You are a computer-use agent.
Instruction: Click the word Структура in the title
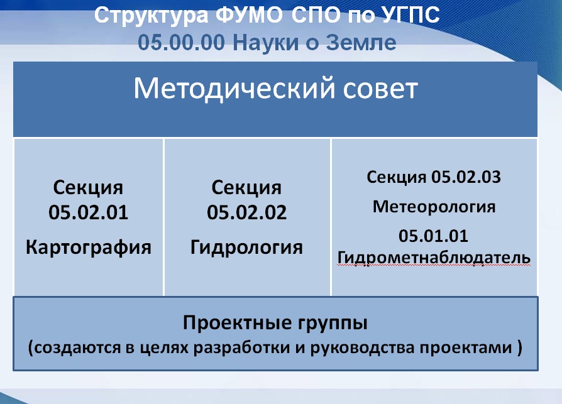point(151,16)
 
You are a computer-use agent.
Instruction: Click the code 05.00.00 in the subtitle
point(181,43)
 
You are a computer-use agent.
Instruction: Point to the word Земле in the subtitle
point(361,43)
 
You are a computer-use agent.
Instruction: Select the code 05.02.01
point(88,212)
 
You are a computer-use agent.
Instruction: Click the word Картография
point(88,247)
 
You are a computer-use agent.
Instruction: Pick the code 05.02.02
point(246,212)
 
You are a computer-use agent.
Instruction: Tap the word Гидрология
point(246,247)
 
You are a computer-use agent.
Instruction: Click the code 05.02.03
point(466,177)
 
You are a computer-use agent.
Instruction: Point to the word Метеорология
point(434,207)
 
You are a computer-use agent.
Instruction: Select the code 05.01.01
point(433,236)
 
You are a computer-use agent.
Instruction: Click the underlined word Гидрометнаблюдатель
point(434,258)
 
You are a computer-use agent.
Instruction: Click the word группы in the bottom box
point(333,324)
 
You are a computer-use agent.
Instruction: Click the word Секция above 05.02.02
point(246,188)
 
